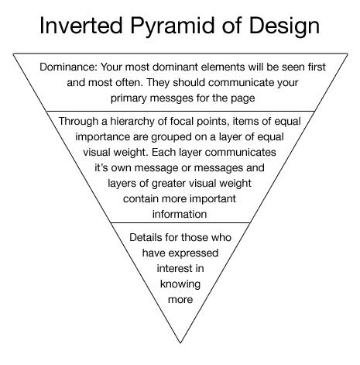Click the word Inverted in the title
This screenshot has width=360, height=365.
(x=81, y=26)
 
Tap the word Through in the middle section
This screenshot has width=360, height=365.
(x=78, y=122)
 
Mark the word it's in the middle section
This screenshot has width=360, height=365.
(x=101, y=167)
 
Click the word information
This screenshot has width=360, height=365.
(x=180, y=214)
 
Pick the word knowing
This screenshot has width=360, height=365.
(x=180, y=284)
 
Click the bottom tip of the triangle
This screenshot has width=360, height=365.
(x=180, y=343)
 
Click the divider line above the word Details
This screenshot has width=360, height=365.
(x=180, y=222)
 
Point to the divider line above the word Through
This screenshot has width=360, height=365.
(x=180, y=112)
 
